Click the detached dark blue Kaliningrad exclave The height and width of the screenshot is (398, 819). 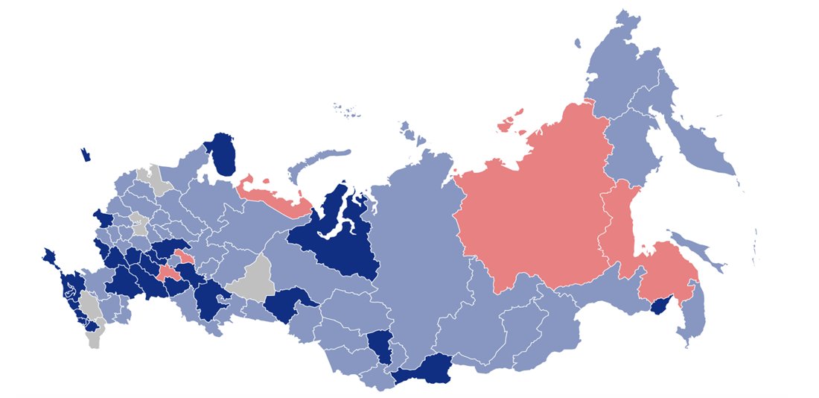tap(86, 155)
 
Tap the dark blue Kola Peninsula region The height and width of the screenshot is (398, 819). tap(220, 154)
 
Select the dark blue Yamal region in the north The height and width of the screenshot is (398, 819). tap(331, 231)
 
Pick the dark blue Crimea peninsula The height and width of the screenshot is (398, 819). tap(51, 257)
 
